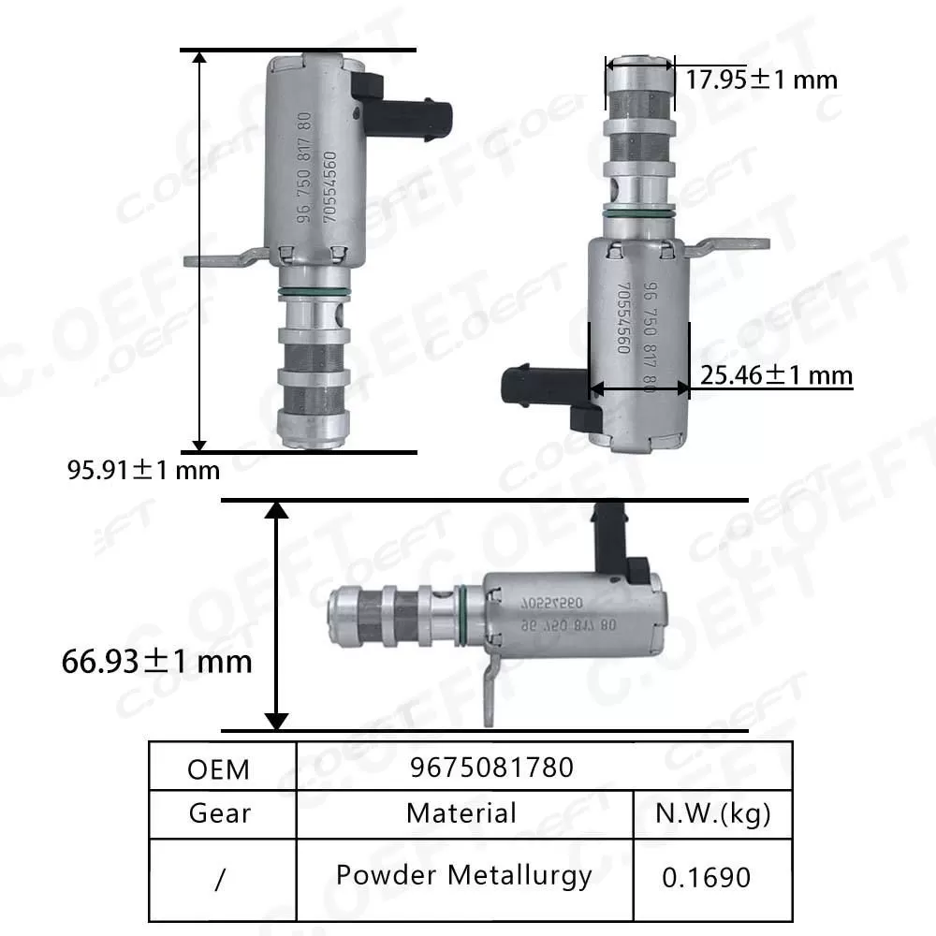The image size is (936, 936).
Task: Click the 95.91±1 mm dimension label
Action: [x=143, y=470]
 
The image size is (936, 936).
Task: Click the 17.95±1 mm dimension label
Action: [x=761, y=80]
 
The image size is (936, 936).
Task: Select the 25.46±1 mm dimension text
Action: [x=776, y=375]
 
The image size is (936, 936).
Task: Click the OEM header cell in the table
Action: [x=219, y=768]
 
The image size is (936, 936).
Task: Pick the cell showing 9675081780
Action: [x=491, y=768]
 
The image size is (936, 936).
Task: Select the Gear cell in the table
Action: [x=220, y=813]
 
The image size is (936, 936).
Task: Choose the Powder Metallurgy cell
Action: [x=464, y=875]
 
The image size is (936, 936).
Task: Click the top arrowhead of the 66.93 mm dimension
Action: [x=275, y=510]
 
